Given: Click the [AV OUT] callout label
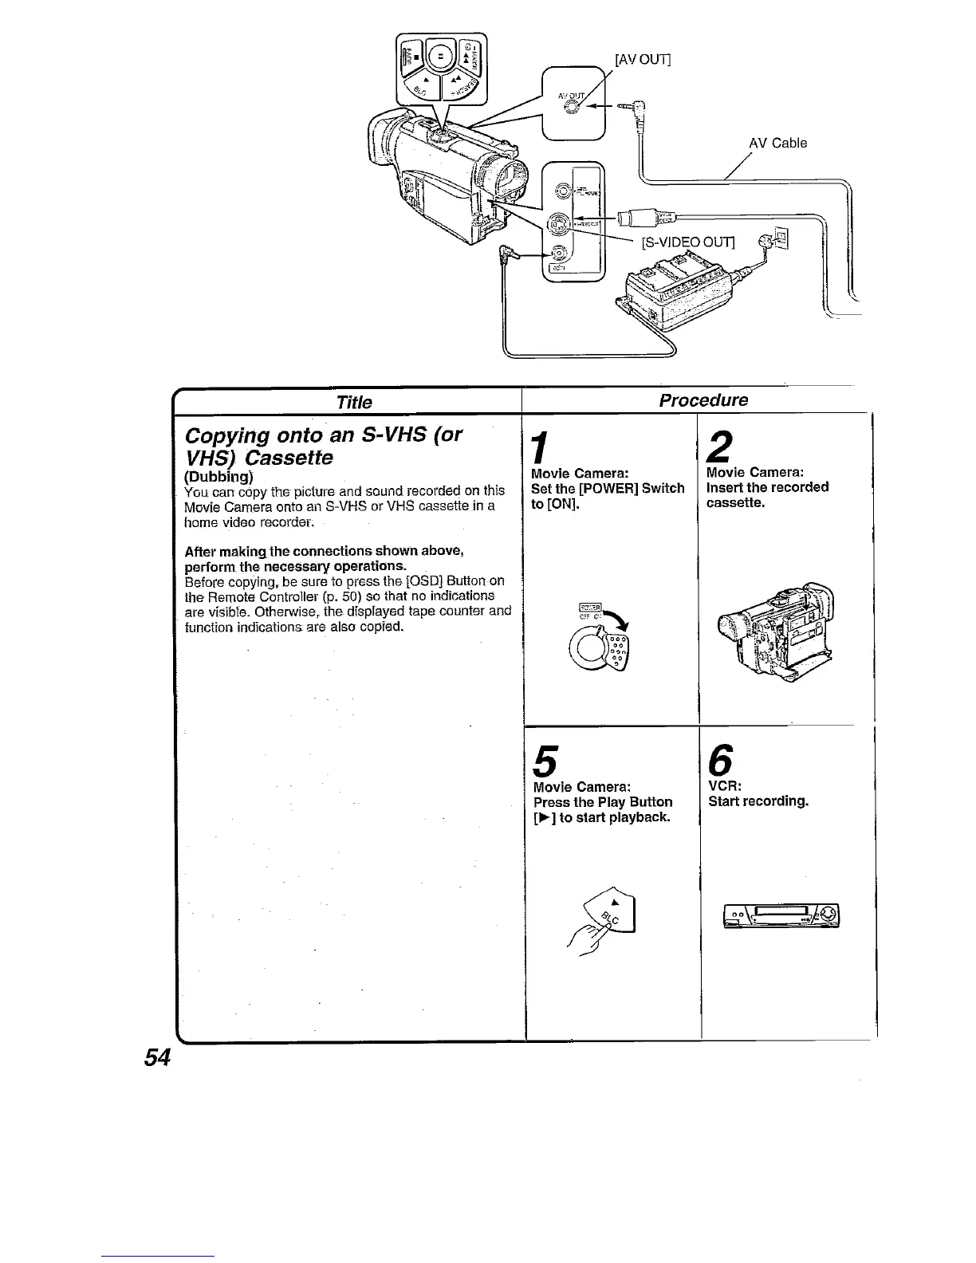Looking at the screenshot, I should pyautogui.click(x=643, y=59).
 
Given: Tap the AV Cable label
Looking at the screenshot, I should pyautogui.click(x=777, y=144).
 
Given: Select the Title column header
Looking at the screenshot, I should pyautogui.click(x=354, y=402).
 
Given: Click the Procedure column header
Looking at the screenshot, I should pyautogui.click(x=703, y=400).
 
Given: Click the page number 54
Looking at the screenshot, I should pyautogui.click(x=158, y=1058).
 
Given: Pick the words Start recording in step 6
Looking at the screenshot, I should pyautogui.click(x=758, y=801).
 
